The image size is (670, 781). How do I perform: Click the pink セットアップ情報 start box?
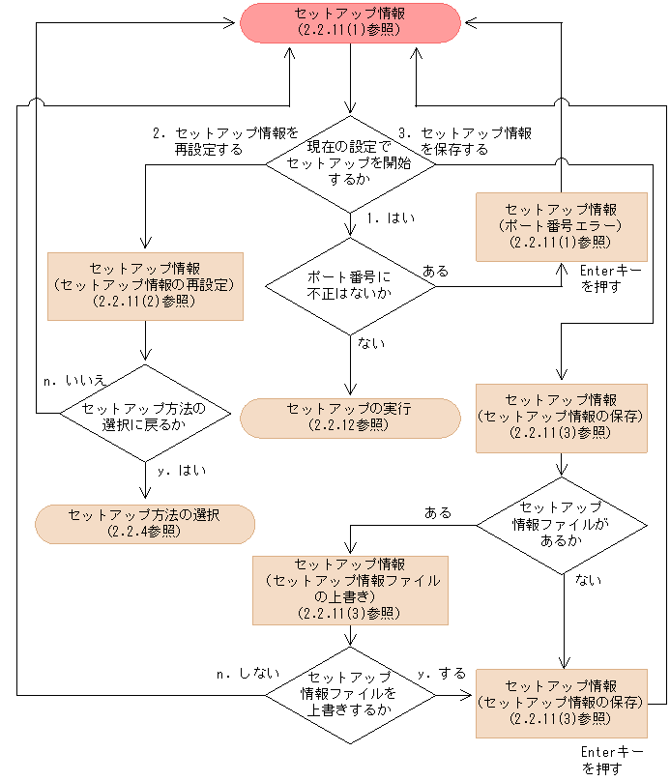pyautogui.click(x=350, y=23)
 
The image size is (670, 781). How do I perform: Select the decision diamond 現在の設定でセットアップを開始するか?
pyautogui.click(x=350, y=164)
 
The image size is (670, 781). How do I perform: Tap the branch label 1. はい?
pyautogui.click(x=391, y=218)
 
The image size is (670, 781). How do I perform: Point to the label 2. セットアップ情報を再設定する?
pyautogui.click(x=224, y=141)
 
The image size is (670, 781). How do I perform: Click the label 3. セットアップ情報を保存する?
pyautogui.click(x=465, y=141)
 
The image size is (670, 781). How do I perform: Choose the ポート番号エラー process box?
pyautogui.click(x=561, y=225)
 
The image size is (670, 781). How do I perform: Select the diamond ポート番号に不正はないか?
pyautogui.click(x=350, y=284)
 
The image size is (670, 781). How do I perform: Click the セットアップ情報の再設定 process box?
pyautogui.click(x=144, y=285)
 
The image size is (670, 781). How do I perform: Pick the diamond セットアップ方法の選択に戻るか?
pyautogui.click(x=144, y=415)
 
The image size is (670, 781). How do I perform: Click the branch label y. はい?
pyautogui.click(x=181, y=471)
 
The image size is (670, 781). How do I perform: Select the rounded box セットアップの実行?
pyautogui.click(x=350, y=418)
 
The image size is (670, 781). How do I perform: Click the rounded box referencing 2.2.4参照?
pyautogui.click(x=144, y=523)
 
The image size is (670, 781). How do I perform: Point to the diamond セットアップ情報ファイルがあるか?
pyautogui.click(x=561, y=525)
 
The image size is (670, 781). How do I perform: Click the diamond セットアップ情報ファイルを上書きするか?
pyautogui.click(x=350, y=694)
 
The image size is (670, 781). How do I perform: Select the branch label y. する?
pyautogui.click(x=441, y=673)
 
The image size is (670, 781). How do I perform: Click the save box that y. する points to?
pyautogui.click(x=561, y=703)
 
